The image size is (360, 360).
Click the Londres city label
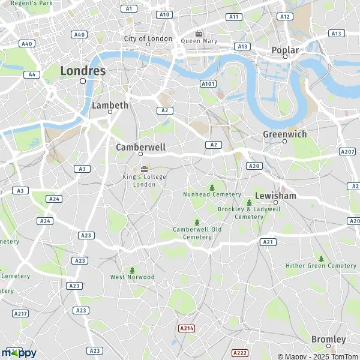point(83,70)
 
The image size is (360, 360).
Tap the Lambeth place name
point(110,105)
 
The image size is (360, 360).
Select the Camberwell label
point(140,146)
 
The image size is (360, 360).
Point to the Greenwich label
point(284,134)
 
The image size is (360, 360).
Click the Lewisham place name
point(275,196)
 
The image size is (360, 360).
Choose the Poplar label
point(286,50)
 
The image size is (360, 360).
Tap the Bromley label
point(328,339)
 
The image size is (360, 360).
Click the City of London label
point(148,38)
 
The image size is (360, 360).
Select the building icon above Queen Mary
point(199,33)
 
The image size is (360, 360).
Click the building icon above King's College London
point(144,169)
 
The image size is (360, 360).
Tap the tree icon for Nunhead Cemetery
point(211,187)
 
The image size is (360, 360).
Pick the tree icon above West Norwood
point(133,270)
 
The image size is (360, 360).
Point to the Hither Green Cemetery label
point(321,265)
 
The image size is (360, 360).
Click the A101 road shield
point(208,83)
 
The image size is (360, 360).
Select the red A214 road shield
point(186,328)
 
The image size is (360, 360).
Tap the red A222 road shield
point(240,352)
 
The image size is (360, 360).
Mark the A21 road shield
point(268,242)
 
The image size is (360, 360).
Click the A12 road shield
point(286,17)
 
